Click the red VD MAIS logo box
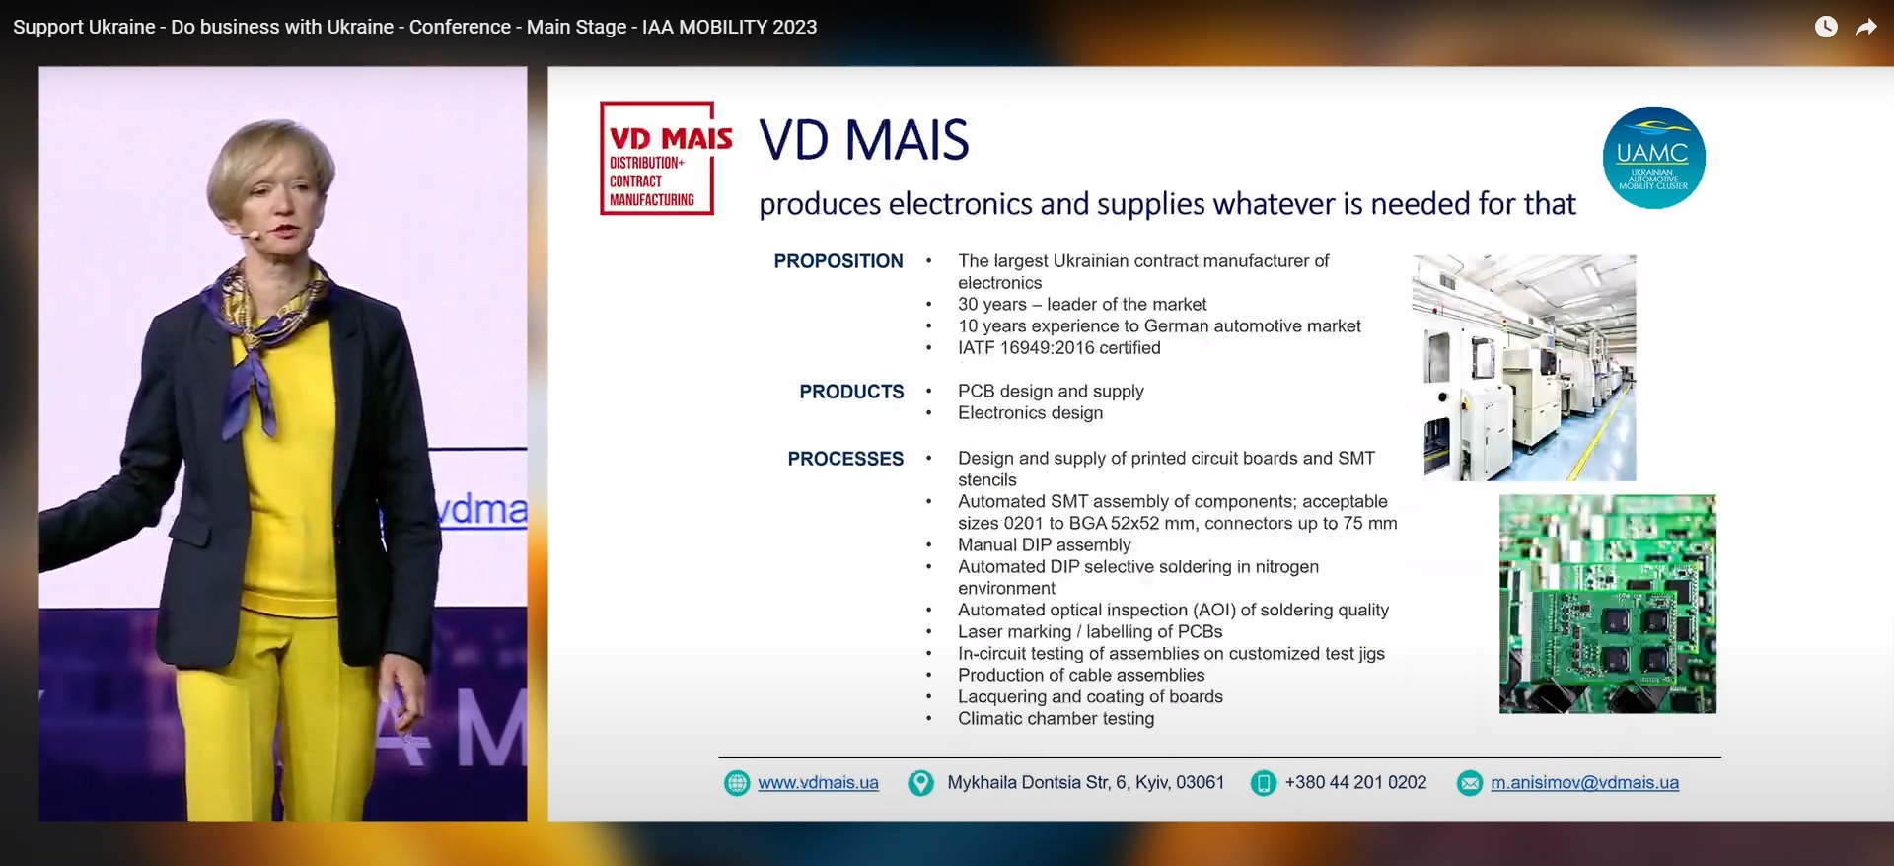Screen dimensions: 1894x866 [x=657, y=158]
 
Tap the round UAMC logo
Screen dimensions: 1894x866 [x=1653, y=158]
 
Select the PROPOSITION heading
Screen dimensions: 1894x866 [x=838, y=261]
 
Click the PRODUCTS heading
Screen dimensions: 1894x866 [x=851, y=392]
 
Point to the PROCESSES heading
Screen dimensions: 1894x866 [x=845, y=459]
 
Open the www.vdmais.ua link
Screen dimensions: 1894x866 [x=818, y=783]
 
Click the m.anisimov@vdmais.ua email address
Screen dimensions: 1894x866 [x=1584, y=783]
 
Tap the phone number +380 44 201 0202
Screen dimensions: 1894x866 [x=1355, y=783]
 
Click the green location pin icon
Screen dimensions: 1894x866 [x=920, y=783]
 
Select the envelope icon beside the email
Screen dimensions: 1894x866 [x=1470, y=783]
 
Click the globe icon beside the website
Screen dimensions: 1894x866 [x=737, y=783]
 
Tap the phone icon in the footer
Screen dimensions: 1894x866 [x=1264, y=783]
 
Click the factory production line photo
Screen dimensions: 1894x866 [x=1524, y=368]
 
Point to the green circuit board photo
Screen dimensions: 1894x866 [x=1608, y=604]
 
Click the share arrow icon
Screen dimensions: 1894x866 [x=1865, y=27]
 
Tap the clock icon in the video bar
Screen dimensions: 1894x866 [x=1826, y=27]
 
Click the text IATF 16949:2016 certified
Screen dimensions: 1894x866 [x=1058, y=348]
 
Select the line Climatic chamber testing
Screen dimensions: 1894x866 [x=1056, y=719]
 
